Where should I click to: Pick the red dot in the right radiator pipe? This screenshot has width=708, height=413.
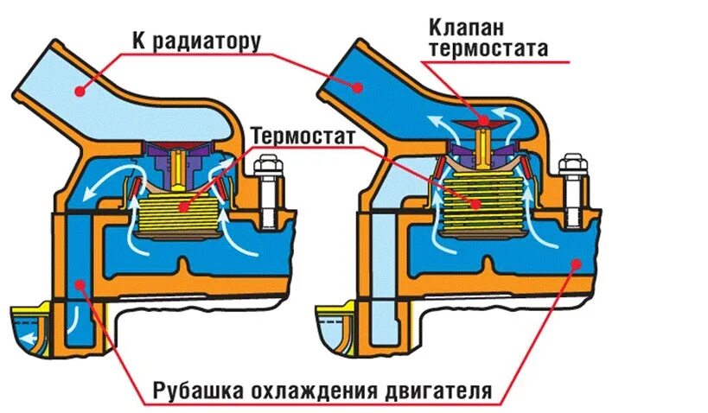[358, 84]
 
